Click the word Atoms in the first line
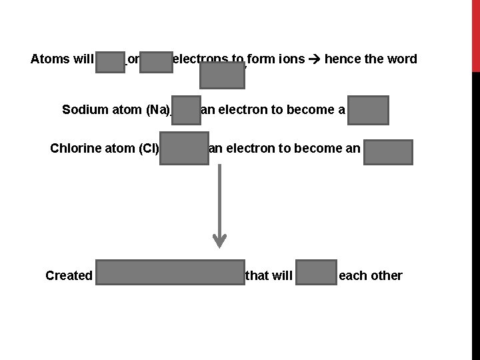[49, 59]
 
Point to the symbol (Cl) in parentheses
[147, 148]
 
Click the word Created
[69, 276]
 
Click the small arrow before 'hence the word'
[315, 59]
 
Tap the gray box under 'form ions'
[223, 76]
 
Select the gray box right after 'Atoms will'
[110, 61]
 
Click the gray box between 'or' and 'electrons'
[156, 61]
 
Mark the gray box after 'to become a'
[368, 111]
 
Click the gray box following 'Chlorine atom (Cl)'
[183, 151]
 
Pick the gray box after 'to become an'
[388, 152]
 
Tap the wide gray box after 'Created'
[170, 275]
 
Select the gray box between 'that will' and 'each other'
[317, 275]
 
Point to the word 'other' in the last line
[386, 276]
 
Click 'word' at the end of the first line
[401, 59]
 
